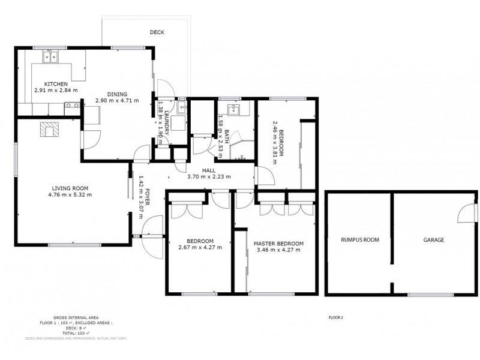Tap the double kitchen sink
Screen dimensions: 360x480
(50, 58)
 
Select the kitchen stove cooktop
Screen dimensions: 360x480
(71, 107)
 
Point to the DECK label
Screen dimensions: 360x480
(157, 32)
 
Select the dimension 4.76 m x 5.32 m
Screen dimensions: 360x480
(70, 194)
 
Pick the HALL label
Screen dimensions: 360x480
(208, 171)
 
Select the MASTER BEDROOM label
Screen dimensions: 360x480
(278, 243)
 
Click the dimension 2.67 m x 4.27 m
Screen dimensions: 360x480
(200, 248)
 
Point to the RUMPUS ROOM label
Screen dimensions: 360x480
(358, 240)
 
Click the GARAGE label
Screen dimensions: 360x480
(434, 240)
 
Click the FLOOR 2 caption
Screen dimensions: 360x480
(336, 317)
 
